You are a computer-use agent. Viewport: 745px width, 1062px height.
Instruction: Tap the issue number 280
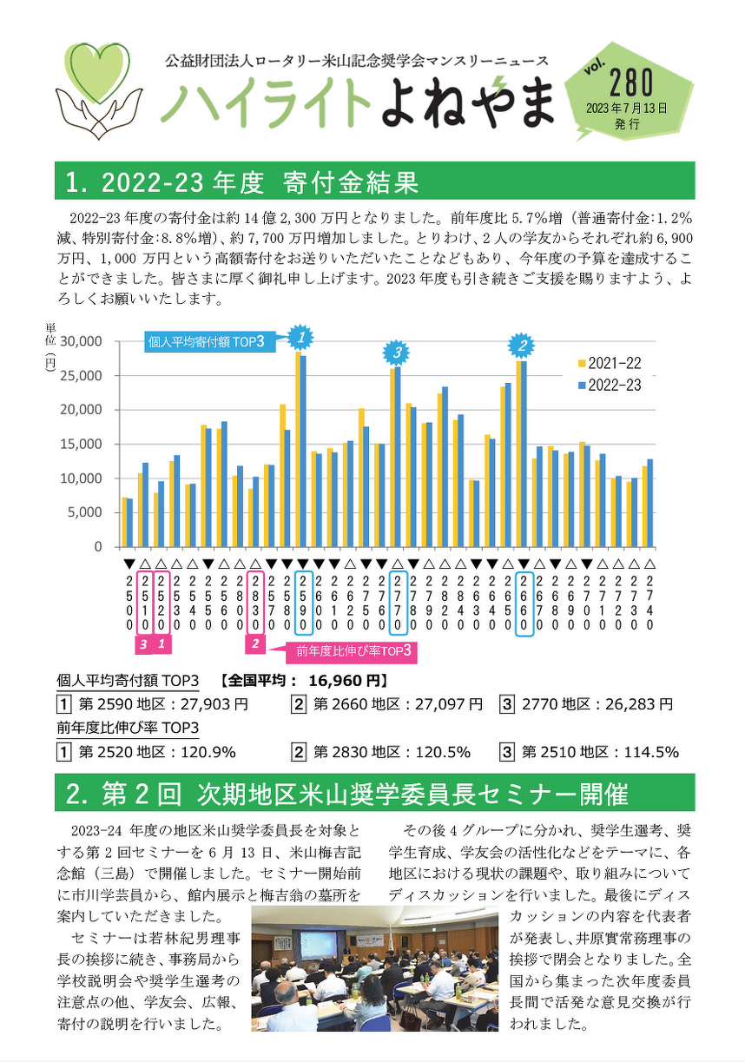[631, 84]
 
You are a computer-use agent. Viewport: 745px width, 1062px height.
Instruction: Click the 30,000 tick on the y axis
[79, 340]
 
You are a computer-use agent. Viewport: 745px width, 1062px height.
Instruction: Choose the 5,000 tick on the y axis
[82, 512]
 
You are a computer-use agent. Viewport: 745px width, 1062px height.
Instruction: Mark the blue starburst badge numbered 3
[396, 352]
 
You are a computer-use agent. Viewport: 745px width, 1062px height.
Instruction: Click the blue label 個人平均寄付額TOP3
[206, 342]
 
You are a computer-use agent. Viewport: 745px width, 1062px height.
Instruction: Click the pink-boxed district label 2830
[254, 602]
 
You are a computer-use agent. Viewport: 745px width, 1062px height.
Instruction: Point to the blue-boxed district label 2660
[524, 602]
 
